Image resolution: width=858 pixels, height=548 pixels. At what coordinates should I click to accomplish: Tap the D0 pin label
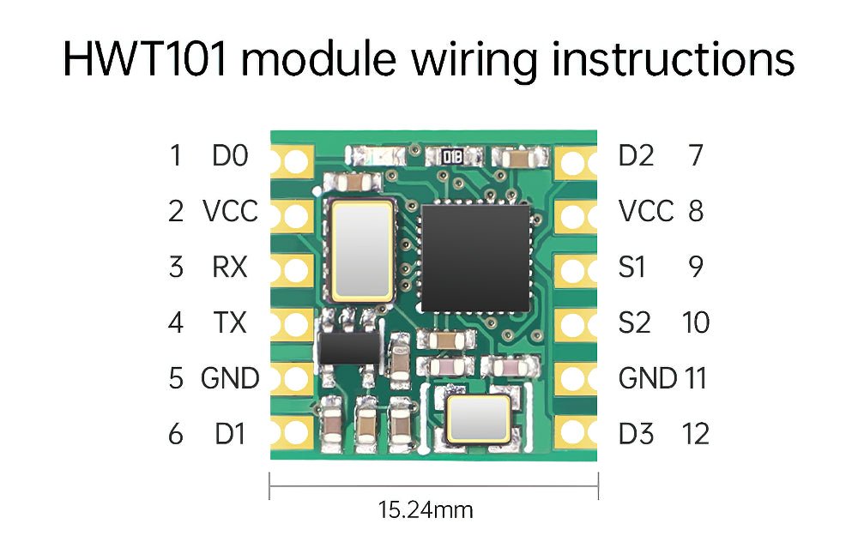coord(229,156)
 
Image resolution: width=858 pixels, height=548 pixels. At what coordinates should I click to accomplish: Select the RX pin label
coord(229,268)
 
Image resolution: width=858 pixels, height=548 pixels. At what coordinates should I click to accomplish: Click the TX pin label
coord(229,323)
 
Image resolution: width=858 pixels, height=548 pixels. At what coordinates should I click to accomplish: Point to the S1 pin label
coord(631,268)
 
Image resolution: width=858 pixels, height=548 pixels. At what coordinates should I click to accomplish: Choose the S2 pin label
coord(634,323)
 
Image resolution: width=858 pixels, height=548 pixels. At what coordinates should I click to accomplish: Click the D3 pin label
coord(636,434)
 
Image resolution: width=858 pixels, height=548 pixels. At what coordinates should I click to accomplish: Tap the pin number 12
coord(696,434)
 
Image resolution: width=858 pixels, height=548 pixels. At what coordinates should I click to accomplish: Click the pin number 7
coord(696,156)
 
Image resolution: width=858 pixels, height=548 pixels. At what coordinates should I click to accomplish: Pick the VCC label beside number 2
coord(230,211)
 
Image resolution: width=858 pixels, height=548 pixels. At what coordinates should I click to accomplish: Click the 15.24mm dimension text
coord(426,510)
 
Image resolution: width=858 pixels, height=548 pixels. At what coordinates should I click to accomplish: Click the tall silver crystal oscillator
coord(362,250)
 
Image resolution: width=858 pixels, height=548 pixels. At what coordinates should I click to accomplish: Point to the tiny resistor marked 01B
coord(452,156)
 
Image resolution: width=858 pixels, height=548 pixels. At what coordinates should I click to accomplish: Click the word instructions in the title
coord(672,59)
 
